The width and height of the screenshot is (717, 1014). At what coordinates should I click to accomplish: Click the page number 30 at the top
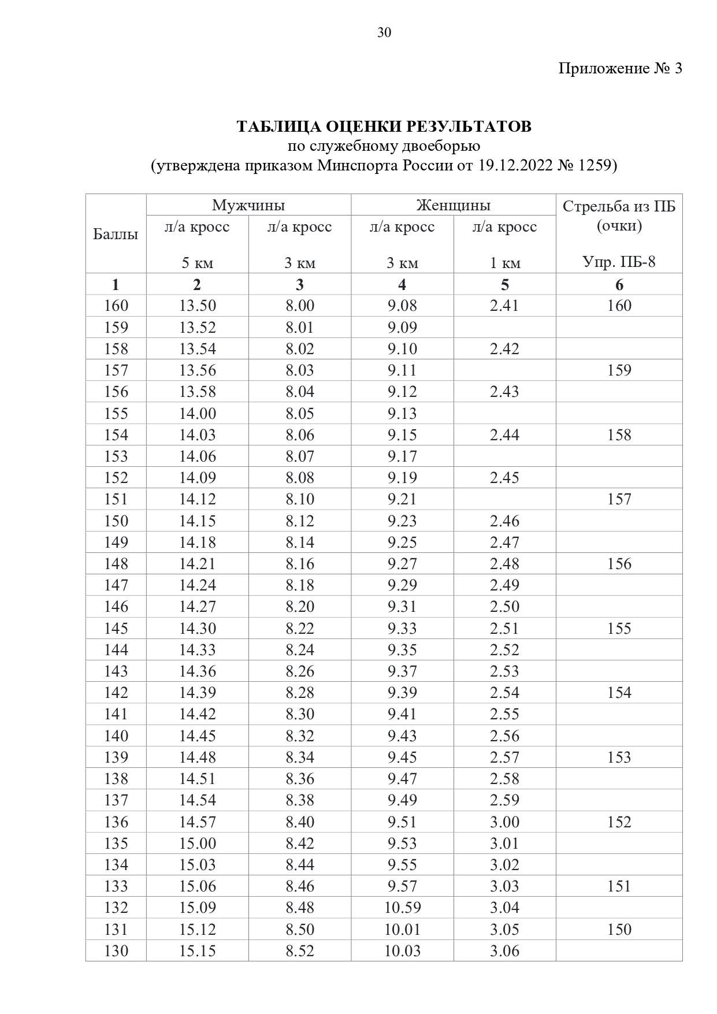point(384,32)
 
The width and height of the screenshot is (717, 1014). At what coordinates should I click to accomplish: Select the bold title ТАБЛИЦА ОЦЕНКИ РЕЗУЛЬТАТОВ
point(384,127)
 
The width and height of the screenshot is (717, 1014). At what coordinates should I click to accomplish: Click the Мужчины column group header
point(248,205)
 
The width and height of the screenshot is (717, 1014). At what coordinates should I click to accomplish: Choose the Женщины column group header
point(454,205)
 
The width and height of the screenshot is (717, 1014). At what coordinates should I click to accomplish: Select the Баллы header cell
point(116,234)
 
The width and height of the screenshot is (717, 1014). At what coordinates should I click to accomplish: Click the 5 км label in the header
point(197,263)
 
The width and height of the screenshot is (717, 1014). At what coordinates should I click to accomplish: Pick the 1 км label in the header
point(505,263)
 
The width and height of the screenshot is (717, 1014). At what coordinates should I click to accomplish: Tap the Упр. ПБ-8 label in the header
point(619,263)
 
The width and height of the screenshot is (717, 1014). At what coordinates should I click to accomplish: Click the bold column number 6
point(619,285)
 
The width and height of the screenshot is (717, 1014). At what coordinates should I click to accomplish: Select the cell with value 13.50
point(197,306)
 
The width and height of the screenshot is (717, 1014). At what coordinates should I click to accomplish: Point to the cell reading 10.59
point(402,908)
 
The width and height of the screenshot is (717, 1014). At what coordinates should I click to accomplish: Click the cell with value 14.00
point(197,414)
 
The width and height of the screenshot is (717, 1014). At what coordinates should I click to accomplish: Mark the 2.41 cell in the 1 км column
point(504,306)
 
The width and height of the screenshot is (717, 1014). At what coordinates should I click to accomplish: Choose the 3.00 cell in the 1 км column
point(504,822)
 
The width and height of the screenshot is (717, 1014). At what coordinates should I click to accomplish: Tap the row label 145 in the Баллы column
point(116,628)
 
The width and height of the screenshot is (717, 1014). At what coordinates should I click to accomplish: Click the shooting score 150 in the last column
point(619,929)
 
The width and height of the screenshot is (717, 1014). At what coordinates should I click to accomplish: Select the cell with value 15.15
point(197,951)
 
